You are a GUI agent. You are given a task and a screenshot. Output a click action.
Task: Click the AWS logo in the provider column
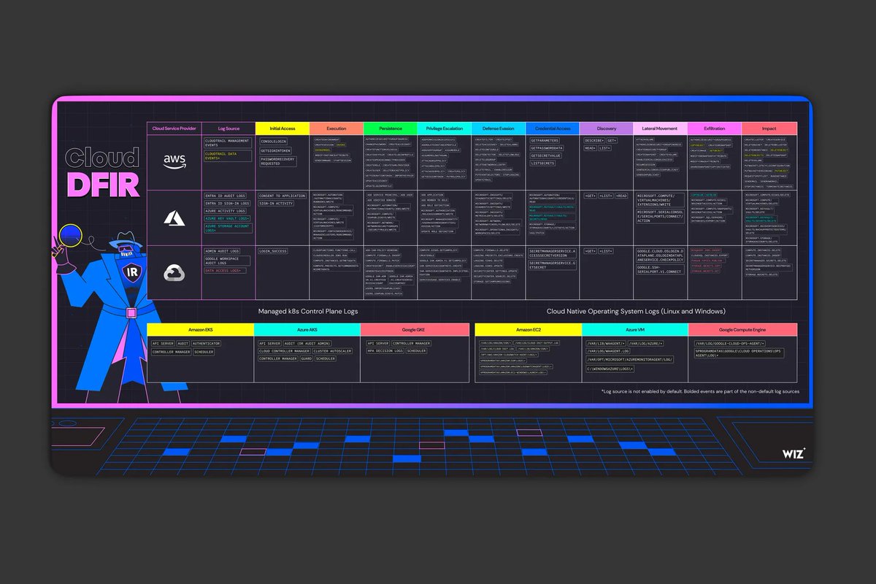[174, 161]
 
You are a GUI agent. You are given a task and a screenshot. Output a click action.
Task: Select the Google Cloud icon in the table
[174, 272]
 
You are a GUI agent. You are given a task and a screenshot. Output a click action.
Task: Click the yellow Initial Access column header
[282, 128]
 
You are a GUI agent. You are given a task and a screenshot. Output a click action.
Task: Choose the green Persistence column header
[391, 128]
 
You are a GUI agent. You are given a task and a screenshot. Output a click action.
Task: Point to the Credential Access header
[553, 128]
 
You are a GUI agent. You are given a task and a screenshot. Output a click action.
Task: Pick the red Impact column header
[769, 128]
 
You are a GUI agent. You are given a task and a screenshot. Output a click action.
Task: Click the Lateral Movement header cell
[660, 128]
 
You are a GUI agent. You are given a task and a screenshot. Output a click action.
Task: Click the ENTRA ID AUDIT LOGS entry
[226, 196]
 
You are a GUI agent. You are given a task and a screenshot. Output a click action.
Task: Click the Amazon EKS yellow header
[200, 330]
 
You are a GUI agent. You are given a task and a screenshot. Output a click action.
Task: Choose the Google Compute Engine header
[742, 330]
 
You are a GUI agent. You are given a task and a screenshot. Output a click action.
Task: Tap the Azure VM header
[635, 330]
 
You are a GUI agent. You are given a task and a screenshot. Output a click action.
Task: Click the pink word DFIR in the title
[103, 185]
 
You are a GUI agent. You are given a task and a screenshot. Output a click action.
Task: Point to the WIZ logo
[794, 454]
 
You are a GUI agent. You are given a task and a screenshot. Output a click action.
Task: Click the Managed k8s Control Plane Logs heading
[307, 311]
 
